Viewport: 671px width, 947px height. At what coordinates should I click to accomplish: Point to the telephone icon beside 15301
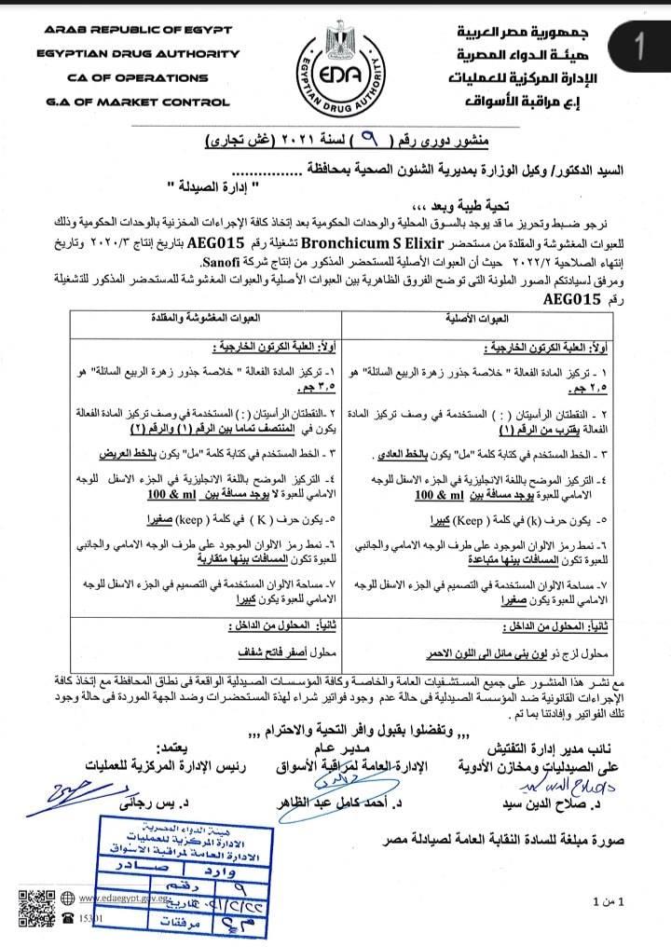click(x=71, y=917)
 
